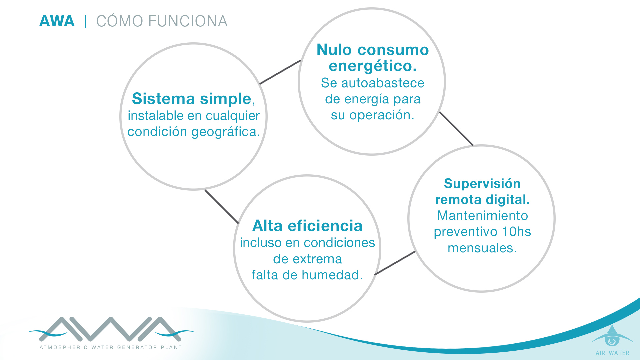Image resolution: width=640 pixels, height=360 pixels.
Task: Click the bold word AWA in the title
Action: pos(57,21)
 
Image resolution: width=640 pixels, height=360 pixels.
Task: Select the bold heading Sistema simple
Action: pos(192,99)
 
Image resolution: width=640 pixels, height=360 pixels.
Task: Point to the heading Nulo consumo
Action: pos(373,50)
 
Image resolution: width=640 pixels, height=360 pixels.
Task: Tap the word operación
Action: pos(382,115)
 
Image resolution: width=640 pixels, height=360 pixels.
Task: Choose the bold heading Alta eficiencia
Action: pos(307,226)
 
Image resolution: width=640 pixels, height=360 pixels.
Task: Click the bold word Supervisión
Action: pos(482,184)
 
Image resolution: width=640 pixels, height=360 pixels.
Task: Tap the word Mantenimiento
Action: pos(482,216)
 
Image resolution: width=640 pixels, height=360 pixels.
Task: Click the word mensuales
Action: pos(482,248)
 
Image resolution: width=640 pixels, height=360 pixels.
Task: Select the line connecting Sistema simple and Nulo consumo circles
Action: pos(280,72)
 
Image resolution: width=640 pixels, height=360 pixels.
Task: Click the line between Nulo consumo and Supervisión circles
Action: pos(456,129)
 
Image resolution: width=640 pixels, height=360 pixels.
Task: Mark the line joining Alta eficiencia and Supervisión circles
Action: pos(395,263)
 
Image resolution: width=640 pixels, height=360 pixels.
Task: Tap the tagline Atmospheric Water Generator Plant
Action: pos(111,347)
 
